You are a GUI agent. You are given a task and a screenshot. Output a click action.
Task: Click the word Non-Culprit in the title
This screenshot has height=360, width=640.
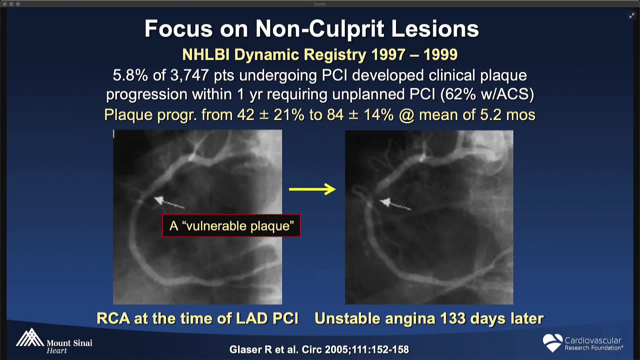click(320, 29)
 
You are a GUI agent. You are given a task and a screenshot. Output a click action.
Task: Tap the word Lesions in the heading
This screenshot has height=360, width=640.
click(435, 29)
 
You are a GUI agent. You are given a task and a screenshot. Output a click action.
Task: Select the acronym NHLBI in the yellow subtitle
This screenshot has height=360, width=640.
click(206, 55)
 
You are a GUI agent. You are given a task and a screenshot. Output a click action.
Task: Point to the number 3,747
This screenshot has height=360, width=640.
click(189, 75)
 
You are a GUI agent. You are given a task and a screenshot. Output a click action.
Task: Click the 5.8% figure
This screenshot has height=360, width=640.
click(130, 75)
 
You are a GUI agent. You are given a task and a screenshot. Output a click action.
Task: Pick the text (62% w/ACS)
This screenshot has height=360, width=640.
click(487, 94)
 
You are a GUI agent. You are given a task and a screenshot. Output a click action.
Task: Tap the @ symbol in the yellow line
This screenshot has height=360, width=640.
click(407, 115)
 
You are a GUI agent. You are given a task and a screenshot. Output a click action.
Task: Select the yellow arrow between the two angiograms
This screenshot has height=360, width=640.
click(312, 189)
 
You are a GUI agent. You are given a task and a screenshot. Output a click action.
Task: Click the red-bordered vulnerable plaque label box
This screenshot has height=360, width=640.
click(231, 226)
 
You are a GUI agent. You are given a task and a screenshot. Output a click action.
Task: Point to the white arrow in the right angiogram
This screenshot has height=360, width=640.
click(396, 205)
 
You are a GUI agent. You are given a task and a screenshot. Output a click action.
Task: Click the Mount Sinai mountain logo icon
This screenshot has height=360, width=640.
click(30, 337)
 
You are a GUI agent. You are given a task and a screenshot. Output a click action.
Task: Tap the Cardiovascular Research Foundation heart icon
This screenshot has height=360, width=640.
click(552, 343)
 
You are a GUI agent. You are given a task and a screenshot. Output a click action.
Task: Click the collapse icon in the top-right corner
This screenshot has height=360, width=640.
click(632, 16)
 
